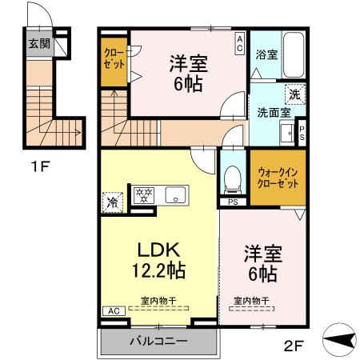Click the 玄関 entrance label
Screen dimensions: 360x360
(38, 44)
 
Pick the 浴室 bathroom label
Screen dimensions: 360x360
(266, 55)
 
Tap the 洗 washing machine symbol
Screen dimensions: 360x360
(294, 94)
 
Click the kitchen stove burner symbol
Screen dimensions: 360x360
(144, 194)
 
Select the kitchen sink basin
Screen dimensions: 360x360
(174, 194)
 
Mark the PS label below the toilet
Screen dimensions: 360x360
(232, 202)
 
